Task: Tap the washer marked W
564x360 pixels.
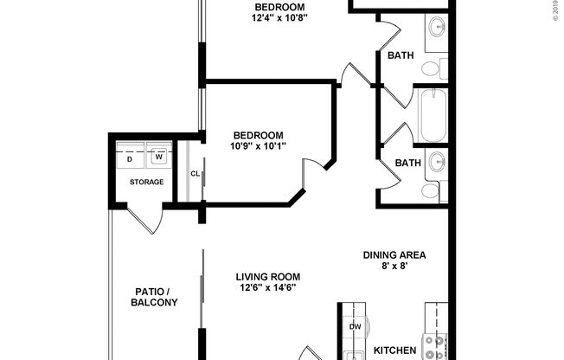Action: pyautogui.click(x=159, y=158)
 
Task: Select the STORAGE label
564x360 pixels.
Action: pyautogui.click(x=146, y=183)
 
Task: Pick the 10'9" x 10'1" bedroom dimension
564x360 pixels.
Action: pyautogui.click(x=259, y=146)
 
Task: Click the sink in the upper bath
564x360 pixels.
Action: pyautogui.click(x=438, y=27)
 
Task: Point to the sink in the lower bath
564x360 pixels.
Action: pyautogui.click(x=438, y=160)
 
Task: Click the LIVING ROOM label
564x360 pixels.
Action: pyautogui.click(x=273, y=278)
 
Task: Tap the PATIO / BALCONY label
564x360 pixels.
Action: pyautogui.click(x=155, y=297)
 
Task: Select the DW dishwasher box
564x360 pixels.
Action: pyautogui.click(x=356, y=326)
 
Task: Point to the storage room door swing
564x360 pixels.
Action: pyautogui.click(x=143, y=220)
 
